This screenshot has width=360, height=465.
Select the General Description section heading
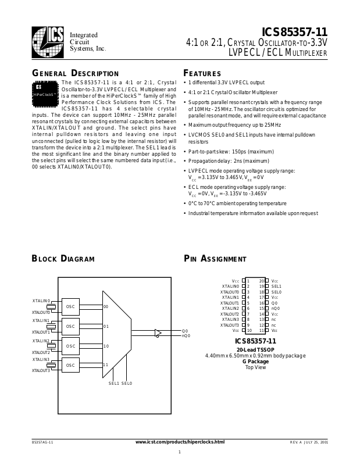(75, 74)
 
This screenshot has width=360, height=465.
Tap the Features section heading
(202, 74)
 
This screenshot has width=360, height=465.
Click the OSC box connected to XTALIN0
(70, 306)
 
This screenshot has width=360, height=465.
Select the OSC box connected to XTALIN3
(70, 366)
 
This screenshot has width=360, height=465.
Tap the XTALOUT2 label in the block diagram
(41, 352)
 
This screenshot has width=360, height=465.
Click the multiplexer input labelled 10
(106, 346)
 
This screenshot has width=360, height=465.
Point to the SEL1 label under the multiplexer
(114, 383)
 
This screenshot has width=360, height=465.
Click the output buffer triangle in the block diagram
(158, 333)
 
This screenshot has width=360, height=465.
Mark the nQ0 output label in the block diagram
(186, 336)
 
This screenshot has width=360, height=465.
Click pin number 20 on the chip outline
(261, 281)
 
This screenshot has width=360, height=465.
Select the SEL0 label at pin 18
(276, 292)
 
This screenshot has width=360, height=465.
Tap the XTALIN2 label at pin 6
(230, 308)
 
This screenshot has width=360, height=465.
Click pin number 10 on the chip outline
(249, 330)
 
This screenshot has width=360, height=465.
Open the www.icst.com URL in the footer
(180, 442)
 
